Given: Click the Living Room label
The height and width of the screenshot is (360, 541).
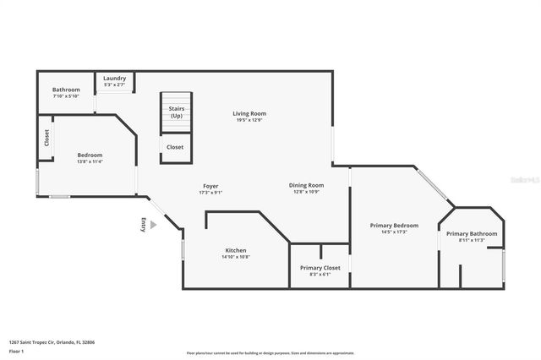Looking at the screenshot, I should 249,113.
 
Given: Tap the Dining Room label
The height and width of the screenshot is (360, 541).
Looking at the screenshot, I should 306,185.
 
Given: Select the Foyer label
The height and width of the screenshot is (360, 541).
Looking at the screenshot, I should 210,186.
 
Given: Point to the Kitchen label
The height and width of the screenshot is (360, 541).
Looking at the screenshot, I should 236,250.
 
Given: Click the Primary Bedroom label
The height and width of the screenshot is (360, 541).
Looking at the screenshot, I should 394,225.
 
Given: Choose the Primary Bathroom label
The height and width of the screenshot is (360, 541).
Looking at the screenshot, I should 472,233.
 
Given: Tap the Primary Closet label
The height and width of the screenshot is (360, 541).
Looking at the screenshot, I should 320,268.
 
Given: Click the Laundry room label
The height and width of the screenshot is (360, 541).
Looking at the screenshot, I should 114,79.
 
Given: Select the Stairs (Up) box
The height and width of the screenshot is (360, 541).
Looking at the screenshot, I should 176,112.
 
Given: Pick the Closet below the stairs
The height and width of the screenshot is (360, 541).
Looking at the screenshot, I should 175,147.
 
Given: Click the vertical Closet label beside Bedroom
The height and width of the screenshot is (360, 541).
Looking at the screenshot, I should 47,138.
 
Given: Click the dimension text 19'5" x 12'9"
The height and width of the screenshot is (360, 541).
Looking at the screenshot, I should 249,120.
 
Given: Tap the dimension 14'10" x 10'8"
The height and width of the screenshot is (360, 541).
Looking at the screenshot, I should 236,257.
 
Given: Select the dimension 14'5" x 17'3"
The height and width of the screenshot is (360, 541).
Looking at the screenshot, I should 394,232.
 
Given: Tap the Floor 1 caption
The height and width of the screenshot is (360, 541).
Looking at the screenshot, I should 16,350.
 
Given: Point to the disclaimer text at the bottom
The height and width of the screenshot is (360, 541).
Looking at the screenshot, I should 270,353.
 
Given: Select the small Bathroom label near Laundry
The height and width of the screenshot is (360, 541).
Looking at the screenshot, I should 66,90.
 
